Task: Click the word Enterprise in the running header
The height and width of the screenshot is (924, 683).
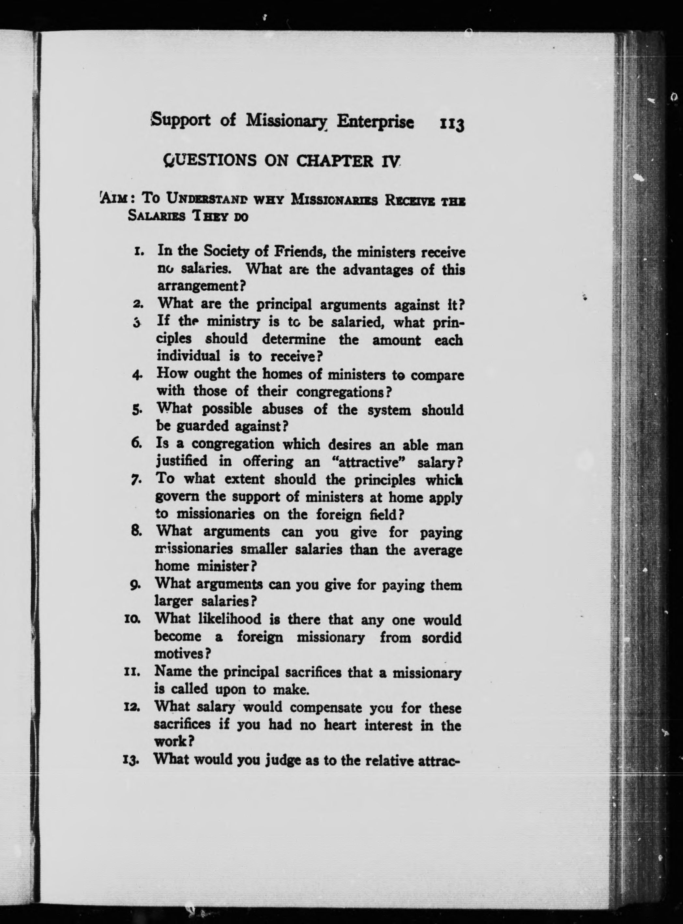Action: click(x=374, y=122)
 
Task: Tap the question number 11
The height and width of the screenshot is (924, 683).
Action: click(x=133, y=674)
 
